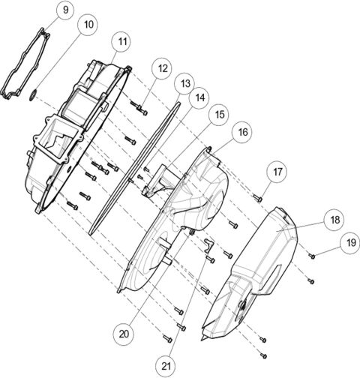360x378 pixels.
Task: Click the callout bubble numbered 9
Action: coord(65,10)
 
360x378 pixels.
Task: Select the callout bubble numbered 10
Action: coord(89,25)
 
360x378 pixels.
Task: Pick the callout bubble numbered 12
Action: coord(163,68)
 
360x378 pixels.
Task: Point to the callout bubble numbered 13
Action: coord(186,82)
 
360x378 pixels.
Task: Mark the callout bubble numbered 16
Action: coord(241,132)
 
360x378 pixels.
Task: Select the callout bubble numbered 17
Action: coord(278,172)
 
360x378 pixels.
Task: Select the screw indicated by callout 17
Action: coord(257,197)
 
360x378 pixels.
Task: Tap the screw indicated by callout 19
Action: coord(312,256)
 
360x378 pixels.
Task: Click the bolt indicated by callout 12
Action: coord(141,110)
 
